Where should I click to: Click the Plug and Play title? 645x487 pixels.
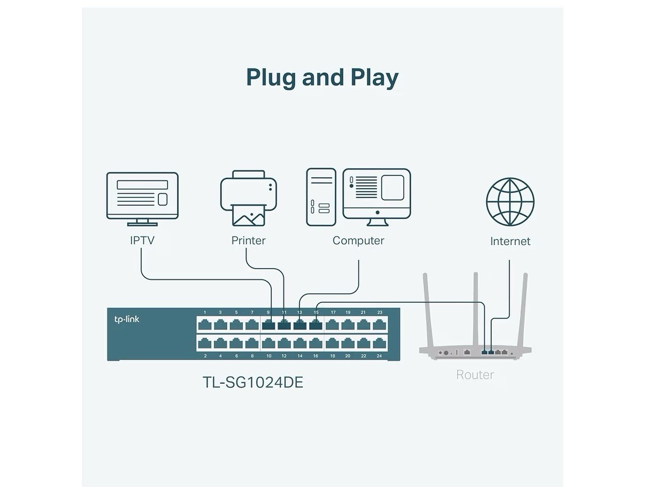click(x=322, y=77)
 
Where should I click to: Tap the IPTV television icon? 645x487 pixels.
click(x=142, y=199)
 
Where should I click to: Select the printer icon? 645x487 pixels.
click(x=248, y=198)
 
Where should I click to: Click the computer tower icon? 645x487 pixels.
click(x=321, y=197)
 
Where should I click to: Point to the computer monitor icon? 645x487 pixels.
click(x=377, y=197)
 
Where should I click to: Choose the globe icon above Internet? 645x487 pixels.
click(x=510, y=202)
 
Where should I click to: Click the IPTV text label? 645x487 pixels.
click(x=142, y=240)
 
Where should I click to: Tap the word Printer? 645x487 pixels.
click(x=248, y=240)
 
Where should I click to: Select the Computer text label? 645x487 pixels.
click(x=358, y=241)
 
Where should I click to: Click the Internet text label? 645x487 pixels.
click(x=510, y=241)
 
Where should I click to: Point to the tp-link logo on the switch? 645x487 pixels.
click(x=127, y=319)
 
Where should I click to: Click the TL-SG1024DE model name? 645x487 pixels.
click(x=253, y=382)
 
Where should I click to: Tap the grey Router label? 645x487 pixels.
click(x=475, y=375)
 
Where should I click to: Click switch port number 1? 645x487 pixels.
click(x=205, y=325)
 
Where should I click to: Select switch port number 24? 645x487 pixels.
click(x=379, y=343)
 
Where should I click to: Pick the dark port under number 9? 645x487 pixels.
click(x=268, y=325)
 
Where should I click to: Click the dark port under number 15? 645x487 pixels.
click(x=316, y=325)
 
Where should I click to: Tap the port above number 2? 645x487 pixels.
click(x=205, y=343)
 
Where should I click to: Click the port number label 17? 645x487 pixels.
click(x=333, y=313)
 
